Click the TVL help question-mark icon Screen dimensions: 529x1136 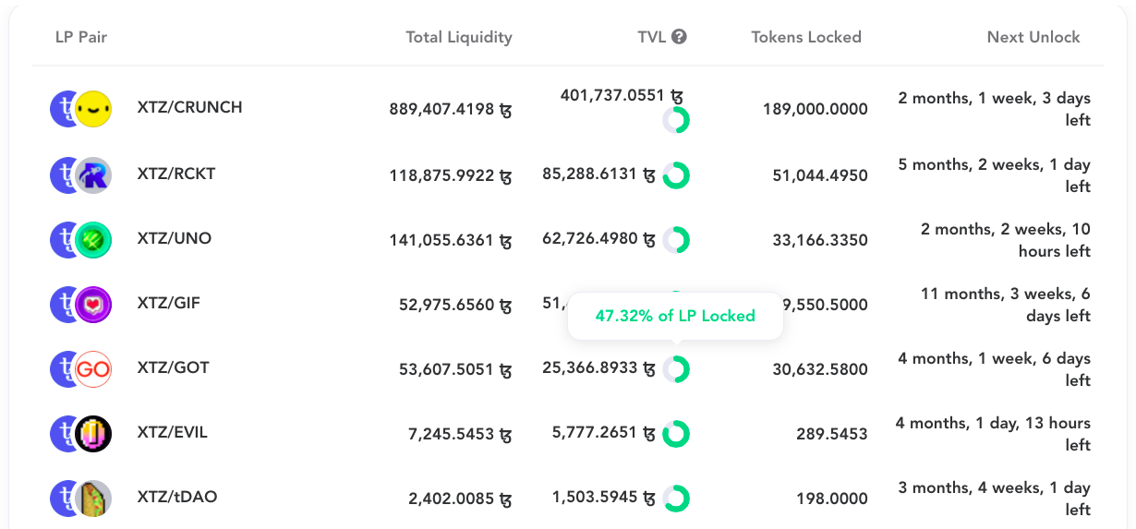click(679, 37)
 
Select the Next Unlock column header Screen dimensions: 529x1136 click(1033, 37)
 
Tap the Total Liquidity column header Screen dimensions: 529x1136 click(458, 37)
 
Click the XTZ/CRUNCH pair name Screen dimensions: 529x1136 click(189, 107)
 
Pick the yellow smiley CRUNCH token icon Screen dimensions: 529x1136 click(93, 109)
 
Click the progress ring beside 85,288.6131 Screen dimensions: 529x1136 click(676, 174)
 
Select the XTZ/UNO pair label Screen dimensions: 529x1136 click(175, 238)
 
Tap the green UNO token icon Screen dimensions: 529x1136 click(93, 240)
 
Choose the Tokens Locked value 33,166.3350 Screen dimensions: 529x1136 click(820, 240)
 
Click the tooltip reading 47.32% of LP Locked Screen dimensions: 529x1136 click(675, 316)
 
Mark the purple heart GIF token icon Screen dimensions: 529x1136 click(93, 305)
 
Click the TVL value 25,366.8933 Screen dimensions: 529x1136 click(599, 367)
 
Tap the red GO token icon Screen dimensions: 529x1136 click(93, 369)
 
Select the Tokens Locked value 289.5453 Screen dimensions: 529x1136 click(832, 434)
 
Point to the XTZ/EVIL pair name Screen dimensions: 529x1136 click(173, 432)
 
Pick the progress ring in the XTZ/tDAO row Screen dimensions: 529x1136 click(676, 499)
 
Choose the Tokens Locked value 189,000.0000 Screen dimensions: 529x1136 click(815, 109)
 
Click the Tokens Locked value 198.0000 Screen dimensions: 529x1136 click(832, 499)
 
